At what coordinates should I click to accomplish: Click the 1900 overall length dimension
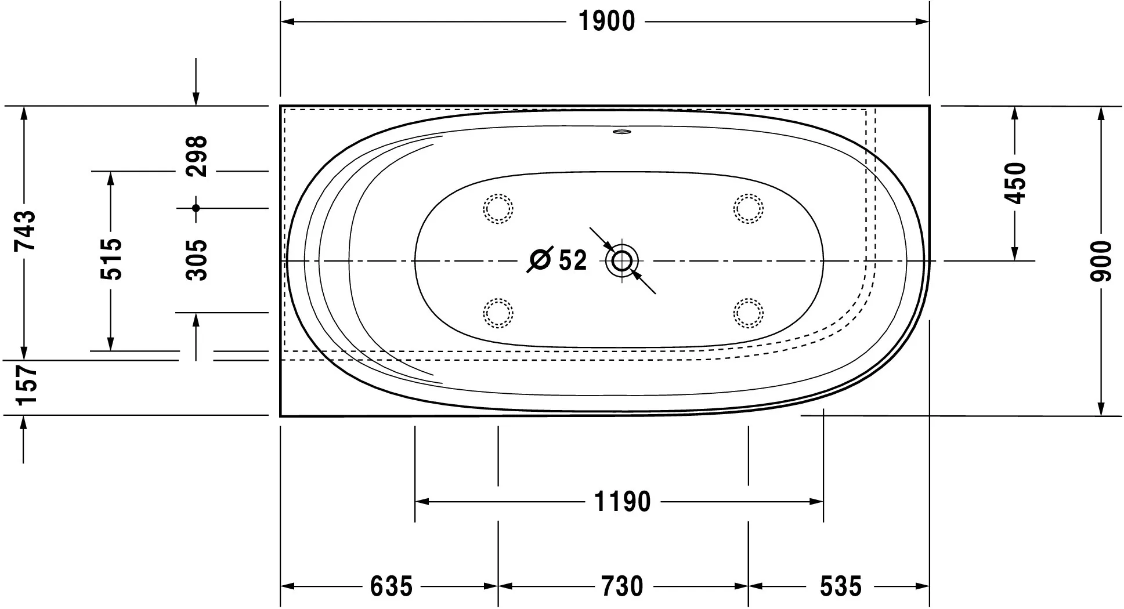click(x=606, y=22)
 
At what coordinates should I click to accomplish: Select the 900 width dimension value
click(x=1101, y=261)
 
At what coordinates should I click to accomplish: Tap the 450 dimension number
click(x=1015, y=183)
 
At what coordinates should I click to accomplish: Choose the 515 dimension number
click(x=111, y=259)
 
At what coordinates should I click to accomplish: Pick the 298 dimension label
click(x=197, y=156)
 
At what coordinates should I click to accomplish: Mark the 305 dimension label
click(x=197, y=260)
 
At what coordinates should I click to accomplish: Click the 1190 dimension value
click(x=623, y=502)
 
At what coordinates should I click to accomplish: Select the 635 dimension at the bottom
click(x=391, y=586)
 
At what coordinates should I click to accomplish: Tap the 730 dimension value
click(x=622, y=586)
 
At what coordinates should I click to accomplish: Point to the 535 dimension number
click(x=840, y=586)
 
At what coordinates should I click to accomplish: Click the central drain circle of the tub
click(x=622, y=261)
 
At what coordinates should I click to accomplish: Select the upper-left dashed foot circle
click(x=498, y=208)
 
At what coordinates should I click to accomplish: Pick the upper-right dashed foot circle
click(x=748, y=208)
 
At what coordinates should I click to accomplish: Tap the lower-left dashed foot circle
click(x=498, y=313)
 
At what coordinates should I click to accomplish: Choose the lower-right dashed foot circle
click(x=748, y=313)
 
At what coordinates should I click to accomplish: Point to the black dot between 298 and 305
click(x=196, y=208)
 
